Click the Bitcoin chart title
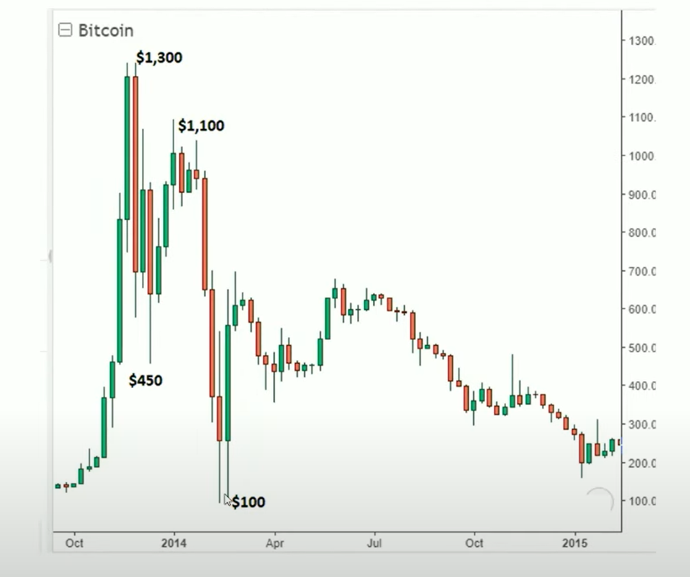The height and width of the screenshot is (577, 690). point(106,30)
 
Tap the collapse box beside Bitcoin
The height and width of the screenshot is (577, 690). point(65,30)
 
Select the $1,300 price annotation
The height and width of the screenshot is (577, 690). point(159,58)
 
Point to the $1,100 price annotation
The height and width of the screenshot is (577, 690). point(201,126)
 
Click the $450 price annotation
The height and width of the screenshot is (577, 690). point(146,381)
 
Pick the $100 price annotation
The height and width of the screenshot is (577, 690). point(248,502)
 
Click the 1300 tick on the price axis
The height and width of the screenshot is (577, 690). point(641,41)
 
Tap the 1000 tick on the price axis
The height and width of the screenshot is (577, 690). point(641,156)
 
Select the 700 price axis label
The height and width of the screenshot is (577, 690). point(641,271)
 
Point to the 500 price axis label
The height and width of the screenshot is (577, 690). point(641,348)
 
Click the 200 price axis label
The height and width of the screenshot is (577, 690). point(641,463)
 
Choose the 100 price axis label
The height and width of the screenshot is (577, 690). point(641,501)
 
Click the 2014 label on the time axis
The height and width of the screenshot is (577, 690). point(174,544)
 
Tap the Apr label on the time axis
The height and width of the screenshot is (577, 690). point(274,544)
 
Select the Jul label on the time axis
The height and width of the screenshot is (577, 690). point(374,544)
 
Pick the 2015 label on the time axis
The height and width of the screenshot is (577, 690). point(575,544)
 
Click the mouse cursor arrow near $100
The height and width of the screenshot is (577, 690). point(227,500)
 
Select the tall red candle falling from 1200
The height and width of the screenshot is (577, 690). point(135,173)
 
